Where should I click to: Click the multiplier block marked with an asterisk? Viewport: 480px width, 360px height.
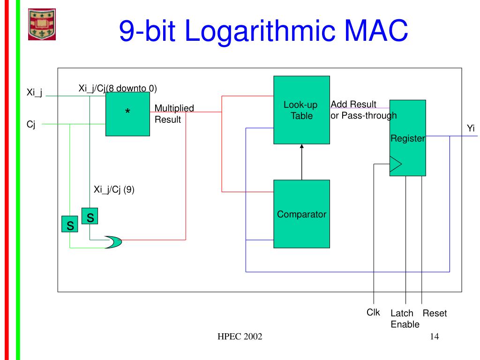pos(127,114)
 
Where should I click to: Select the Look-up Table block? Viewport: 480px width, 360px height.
pos(301,110)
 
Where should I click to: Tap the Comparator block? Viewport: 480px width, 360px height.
pos(301,214)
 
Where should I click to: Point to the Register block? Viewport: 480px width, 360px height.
pos(408,138)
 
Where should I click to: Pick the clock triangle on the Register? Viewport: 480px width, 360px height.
pos(396,164)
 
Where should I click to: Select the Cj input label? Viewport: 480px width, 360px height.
pos(31,125)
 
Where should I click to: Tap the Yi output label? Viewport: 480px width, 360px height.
pos(471,128)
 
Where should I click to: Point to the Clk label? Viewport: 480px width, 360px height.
pos(373,312)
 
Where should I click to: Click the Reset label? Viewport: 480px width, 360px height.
pos(435,314)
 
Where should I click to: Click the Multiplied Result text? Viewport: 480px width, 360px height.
pos(174,114)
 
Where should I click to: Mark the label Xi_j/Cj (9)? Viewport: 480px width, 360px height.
pos(114,189)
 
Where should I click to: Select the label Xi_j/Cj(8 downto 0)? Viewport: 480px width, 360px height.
pos(117,88)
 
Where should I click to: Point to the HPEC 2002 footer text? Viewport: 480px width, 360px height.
pos(240,337)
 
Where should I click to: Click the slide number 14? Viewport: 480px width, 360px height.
pos(433,337)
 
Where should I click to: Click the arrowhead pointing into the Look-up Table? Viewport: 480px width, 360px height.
pos(302,147)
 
